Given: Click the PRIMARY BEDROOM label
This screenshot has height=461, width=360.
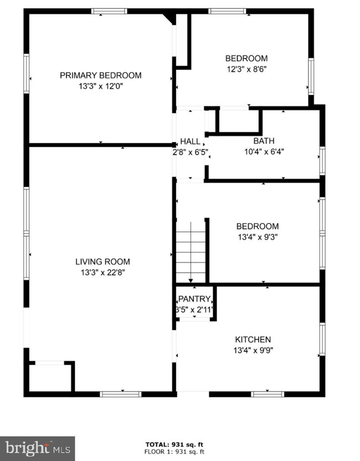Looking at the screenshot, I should pyautogui.click(x=100, y=75).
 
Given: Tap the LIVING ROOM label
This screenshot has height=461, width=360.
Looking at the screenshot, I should pyautogui.click(x=102, y=262).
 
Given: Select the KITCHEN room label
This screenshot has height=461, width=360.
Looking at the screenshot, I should pyautogui.click(x=253, y=339).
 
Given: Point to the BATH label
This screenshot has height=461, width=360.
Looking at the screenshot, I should pyautogui.click(x=264, y=141).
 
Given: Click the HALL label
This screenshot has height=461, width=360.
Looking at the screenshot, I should pyautogui.click(x=190, y=142).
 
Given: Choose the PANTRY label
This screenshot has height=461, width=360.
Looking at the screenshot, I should pyautogui.click(x=194, y=299).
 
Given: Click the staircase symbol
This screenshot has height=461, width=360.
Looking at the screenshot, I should pyautogui.click(x=191, y=252).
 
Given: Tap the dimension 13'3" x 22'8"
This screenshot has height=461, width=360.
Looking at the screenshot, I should pyautogui.click(x=102, y=272).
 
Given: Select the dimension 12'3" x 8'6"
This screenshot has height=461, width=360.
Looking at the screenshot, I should pyautogui.click(x=246, y=69).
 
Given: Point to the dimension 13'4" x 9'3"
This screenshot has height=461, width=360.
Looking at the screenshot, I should pyautogui.click(x=257, y=237).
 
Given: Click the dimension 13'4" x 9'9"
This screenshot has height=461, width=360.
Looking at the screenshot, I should pyautogui.click(x=253, y=350).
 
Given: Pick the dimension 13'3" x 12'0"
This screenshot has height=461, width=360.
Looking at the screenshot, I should pyautogui.click(x=100, y=86).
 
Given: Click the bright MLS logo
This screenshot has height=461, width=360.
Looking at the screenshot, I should pyautogui.click(x=37, y=448).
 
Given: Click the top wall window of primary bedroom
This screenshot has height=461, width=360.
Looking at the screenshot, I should pyautogui.click(x=109, y=11).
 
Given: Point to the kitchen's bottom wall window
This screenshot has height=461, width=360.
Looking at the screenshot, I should pyautogui.click(x=268, y=394).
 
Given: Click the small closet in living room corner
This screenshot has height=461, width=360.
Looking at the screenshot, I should pyautogui.click(x=50, y=377).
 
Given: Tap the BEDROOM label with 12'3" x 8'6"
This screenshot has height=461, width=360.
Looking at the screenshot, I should pyautogui.click(x=246, y=59).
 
